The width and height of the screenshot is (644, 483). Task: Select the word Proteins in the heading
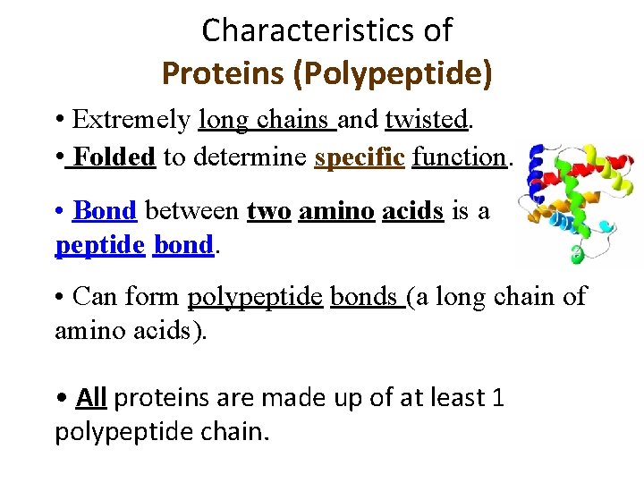click(x=224, y=72)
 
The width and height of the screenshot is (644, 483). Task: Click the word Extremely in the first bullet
click(x=132, y=119)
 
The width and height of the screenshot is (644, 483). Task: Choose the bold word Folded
click(x=114, y=157)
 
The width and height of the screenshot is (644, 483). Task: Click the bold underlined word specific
click(x=360, y=157)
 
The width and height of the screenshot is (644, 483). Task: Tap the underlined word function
click(x=460, y=157)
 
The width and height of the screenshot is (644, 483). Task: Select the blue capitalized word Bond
click(x=105, y=210)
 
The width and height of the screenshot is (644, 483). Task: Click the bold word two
click(x=268, y=210)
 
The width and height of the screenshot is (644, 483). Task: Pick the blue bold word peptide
click(x=99, y=245)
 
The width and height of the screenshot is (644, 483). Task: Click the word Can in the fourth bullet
click(x=93, y=295)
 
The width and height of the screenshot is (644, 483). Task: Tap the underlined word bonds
click(x=364, y=295)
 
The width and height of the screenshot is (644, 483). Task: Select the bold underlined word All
click(x=91, y=396)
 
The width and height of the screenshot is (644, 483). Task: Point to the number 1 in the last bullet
click(x=498, y=396)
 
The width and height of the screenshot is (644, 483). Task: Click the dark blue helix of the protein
click(x=538, y=170)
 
